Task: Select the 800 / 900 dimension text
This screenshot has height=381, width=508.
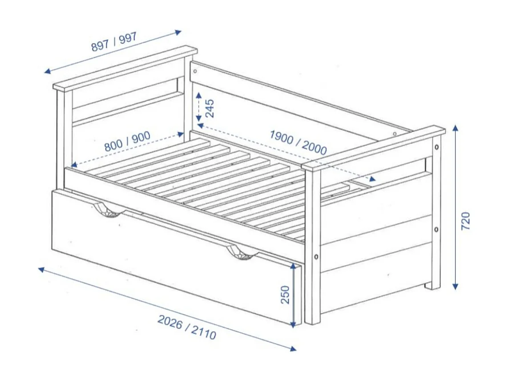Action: click(127, 142)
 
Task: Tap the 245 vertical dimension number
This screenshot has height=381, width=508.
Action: click(210, 108)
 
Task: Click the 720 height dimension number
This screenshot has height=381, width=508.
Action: click(465, 221)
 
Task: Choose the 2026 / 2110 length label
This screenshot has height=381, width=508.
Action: click(187, 327)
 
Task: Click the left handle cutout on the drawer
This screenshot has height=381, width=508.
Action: click(107, 211)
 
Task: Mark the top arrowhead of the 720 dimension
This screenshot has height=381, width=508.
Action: click(455, 128)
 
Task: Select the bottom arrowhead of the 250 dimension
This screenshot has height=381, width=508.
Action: click(293, 325)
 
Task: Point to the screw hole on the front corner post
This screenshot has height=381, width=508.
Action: click(315, 257)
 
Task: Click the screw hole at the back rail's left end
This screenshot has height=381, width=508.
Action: click(194, 70)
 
